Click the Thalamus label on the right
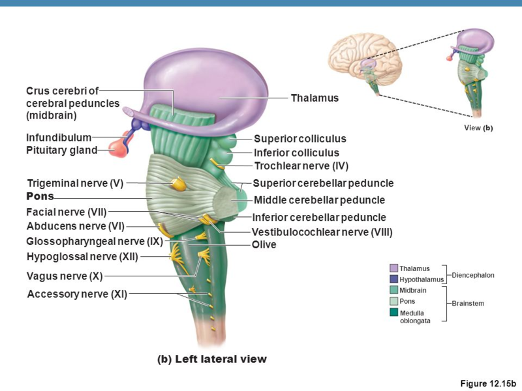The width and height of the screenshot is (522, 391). pyautogui.click(x=315, y=98)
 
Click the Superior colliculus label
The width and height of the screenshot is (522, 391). pyautogui.click(x=299, y=139)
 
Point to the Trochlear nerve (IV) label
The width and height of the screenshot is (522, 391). pyautogui.click(x=301, y=166)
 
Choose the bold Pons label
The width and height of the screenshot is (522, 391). pyautogui.click(x=40, y=196)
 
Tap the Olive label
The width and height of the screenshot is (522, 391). pyautogui.click(x=264, y=245)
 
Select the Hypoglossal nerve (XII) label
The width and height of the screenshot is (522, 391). pyautogui.click(x=82, y=256)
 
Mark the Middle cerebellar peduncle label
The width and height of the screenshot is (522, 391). pyautogui.click(x=319, y=200)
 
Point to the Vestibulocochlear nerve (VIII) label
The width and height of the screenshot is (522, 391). pyautogui.click(x=322, y=232)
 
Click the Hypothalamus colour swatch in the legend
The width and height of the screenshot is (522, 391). pyautogui.click(x=393, y=279)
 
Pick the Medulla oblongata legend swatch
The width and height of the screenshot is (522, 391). pyautogui.click(x=393, y=312)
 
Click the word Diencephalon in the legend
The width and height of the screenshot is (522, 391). pyautogui.click(x=473, y=275)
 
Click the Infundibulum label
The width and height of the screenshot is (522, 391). pyautogui.click(x=59, y=138)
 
